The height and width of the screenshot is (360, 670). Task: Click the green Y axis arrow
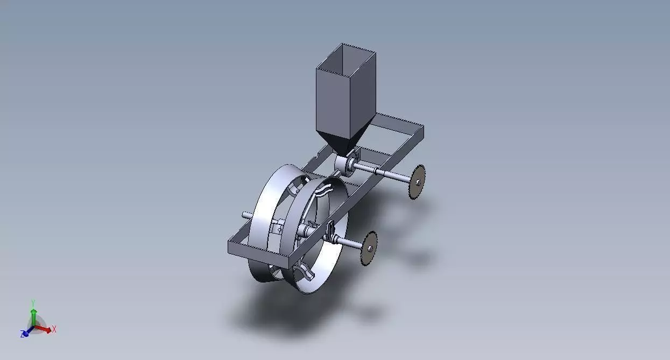[x=33, y=315]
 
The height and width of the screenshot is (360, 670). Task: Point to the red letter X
[x=54, y=329]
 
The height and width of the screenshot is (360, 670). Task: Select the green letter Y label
[x=33, y=302]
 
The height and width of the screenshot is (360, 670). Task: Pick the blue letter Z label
[x=22, y=335]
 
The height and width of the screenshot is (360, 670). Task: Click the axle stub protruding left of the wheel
[x=247, y=215]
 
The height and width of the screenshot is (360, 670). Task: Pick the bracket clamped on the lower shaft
[x=330, y=232]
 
